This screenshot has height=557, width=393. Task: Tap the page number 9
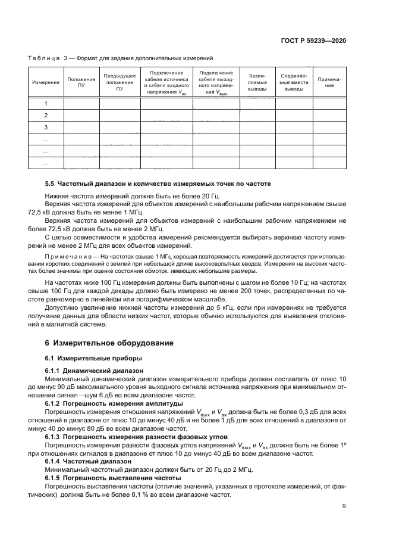(x=344, y=506)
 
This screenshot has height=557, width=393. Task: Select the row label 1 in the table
(x=46, y=104)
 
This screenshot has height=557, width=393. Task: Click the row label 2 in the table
(x=46, y=115)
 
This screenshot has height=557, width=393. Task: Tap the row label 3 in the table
(x=46, y=127)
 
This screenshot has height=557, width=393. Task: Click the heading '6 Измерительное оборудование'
(x=109, y=343)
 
